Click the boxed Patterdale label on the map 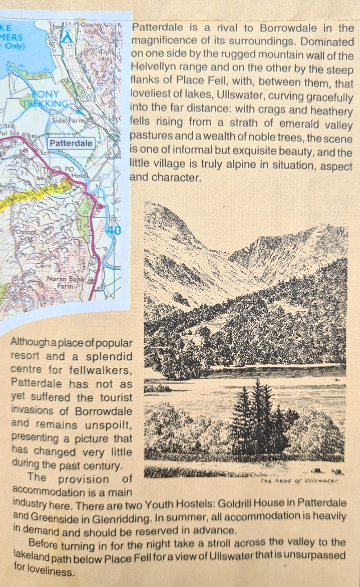point(71,143)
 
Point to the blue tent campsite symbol point(67,35)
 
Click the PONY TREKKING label point(48,99)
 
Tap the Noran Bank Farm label point(71,282)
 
